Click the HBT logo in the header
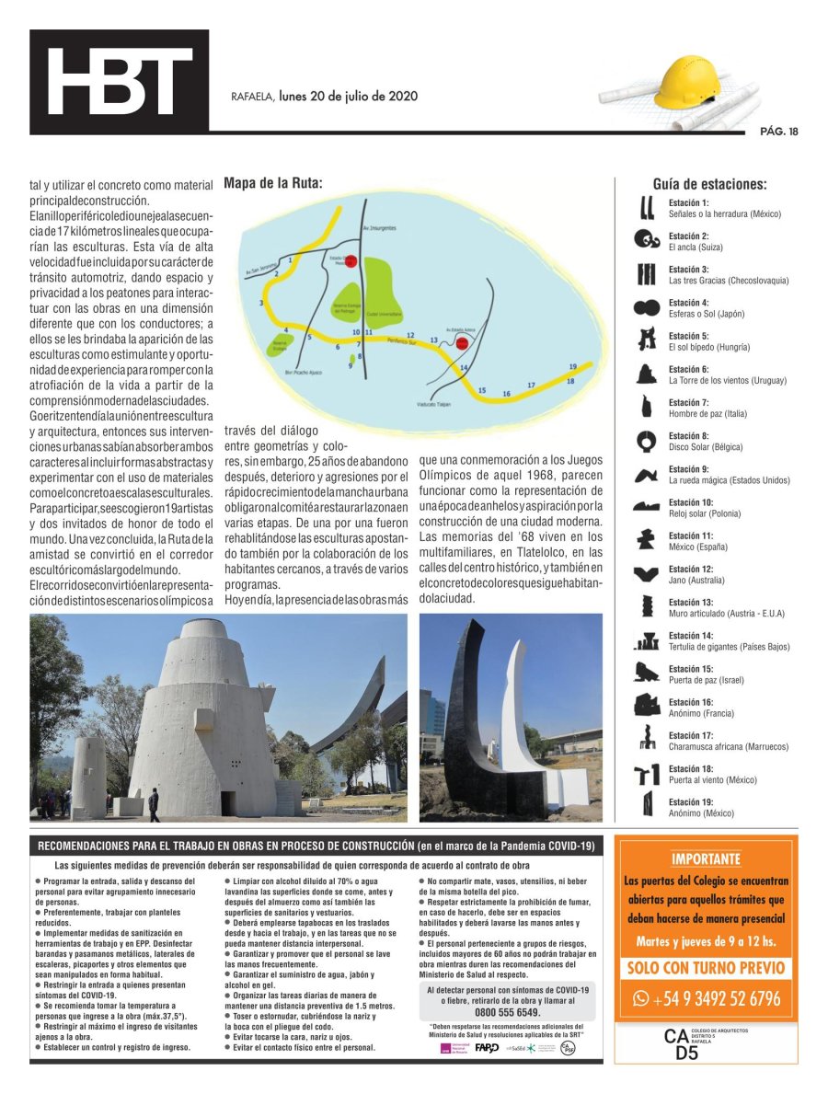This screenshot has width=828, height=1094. pos(120,83)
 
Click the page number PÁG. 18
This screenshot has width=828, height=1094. pos(778,132)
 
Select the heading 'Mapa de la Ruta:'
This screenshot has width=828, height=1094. pos(273,182)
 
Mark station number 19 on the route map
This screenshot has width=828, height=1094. pos(573,365)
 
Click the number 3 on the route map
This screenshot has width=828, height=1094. pos(261,302)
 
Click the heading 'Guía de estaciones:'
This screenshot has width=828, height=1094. pos(709,184)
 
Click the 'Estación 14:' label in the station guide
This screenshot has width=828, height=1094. pos(689,636)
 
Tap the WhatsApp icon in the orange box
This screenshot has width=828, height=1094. pos(641,997)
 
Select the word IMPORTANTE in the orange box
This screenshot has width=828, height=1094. pos(706,859)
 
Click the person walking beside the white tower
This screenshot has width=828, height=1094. pos(154,804)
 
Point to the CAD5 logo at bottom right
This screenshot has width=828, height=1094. pos(685,1045)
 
